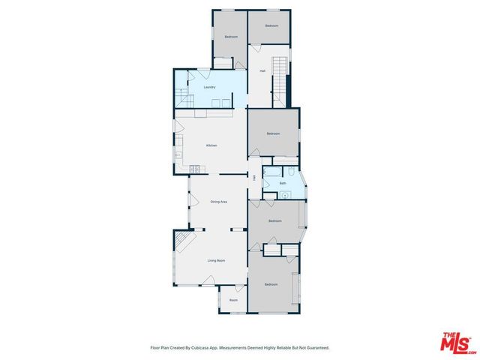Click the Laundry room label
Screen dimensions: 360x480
pyautogui.click(x=210, y=87)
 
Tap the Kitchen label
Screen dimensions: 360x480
pyautogui.click(x=212, y=145)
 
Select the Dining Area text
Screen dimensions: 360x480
pyautogui.click(x=219, y=202)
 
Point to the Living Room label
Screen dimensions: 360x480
pyautogui.click(x=217, y=260)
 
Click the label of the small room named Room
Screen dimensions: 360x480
pyautogui.click(x=233, y=301)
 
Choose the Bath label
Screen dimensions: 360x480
pyautogui.click(x=283, y=183)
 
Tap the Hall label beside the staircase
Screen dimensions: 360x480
pyautogui.click(x=262, y=71)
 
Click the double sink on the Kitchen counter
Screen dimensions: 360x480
pyautogui.click(x=193, y=167)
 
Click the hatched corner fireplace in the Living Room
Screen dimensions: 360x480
pyautogui.click(x=183, y=241)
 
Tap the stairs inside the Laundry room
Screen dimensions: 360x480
pyautogui.click(x=181, y=97)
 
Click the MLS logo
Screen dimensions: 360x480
pyautogui.click(x=457, y=340)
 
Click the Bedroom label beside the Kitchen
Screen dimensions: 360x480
pyautogui.click(x=274, y=133)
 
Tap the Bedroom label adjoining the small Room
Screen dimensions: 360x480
pyautogui.click(x=271, y=284)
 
